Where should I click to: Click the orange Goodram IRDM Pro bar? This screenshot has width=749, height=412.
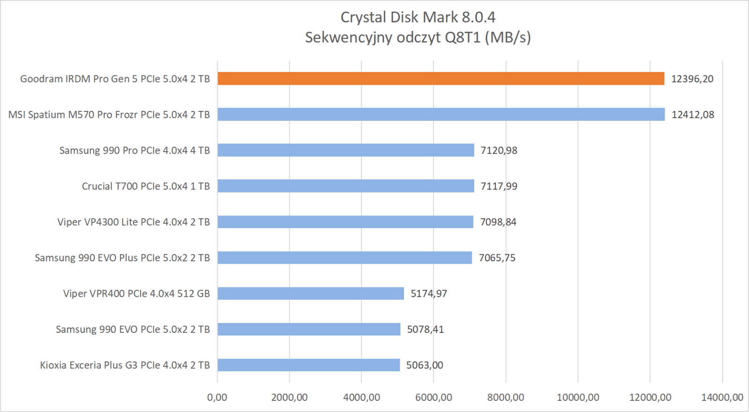(x=441, y=79)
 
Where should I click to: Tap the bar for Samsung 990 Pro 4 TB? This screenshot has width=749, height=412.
(x=345, y=150)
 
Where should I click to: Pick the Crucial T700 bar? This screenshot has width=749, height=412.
(x=345, y=186)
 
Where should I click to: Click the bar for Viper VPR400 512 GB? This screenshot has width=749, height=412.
(x=310, y=294)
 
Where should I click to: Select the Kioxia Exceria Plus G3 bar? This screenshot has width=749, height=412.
(x=308, y=365)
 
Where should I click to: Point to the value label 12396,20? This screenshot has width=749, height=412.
(x=692, y=79)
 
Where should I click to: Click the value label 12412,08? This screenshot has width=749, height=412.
(x=693, y=115)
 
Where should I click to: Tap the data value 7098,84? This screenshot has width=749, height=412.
(x=498, y=222)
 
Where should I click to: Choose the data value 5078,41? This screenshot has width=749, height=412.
(x=425, y=330)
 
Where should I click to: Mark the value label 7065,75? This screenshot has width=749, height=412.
(x=497, y=258)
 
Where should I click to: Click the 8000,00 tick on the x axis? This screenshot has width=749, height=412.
(x=506, y=397)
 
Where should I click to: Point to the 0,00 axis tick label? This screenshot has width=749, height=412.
(x=217, y=397)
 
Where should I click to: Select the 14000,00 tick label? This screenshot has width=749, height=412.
(x=722, y=397)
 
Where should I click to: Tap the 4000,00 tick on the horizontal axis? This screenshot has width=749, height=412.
(x=361, y=397)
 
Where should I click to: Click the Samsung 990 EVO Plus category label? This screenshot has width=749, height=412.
(x=122, y=258)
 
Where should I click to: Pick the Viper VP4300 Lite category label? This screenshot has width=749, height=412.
(x=133, y=222)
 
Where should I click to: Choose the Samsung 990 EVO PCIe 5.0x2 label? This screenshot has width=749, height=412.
(x=132, y=330)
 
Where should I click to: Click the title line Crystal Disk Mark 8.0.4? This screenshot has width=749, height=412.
(x=418, y=17)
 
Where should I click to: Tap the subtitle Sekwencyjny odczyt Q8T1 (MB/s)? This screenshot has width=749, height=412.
(x=418, y=37)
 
